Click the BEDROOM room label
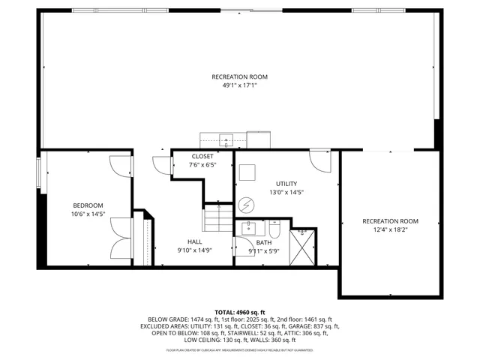(88, 205)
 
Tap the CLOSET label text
(201, 156)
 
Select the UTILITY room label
(286, 184)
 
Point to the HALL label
(194, 241)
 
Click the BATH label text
(264, 242)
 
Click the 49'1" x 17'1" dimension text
(239, 85)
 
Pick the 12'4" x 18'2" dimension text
(390, 230)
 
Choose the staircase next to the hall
(215, 220)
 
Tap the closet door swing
(161, 165)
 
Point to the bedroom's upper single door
(120, 166)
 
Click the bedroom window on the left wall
(39, 175)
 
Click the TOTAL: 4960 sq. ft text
(240, 312)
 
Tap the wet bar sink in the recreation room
(225, 139)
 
